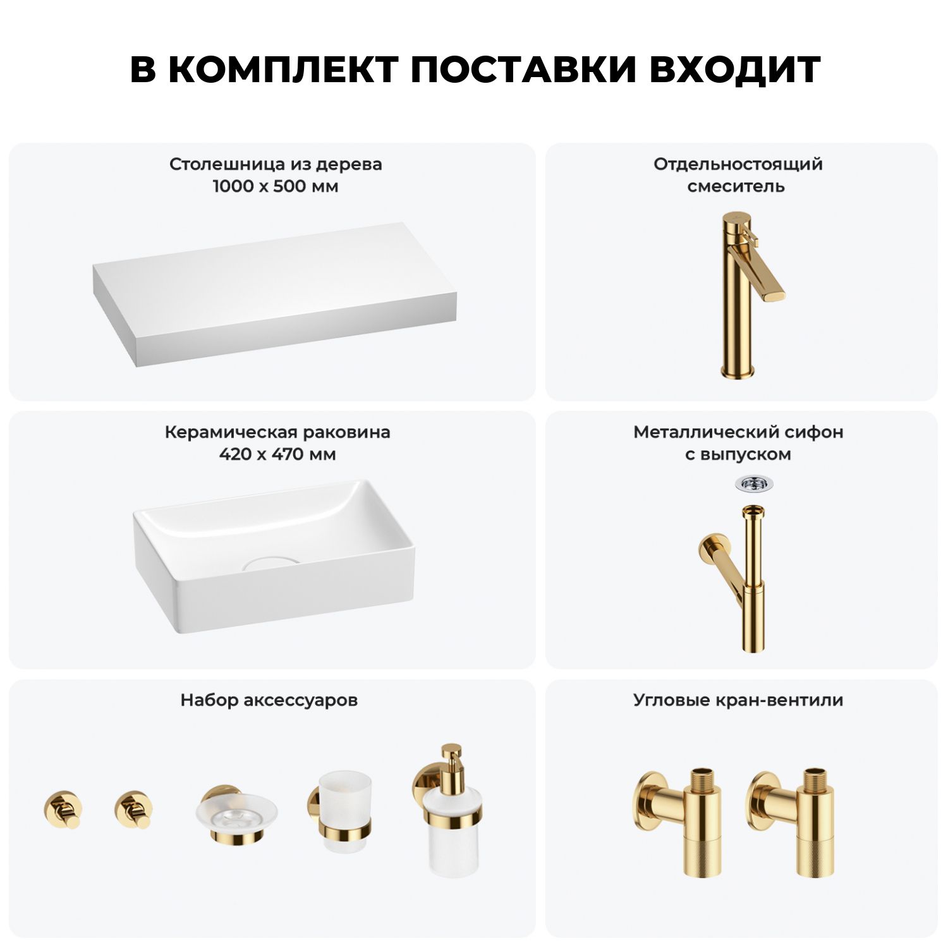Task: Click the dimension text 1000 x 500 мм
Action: pos(276,186)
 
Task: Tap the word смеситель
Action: pos(736,186)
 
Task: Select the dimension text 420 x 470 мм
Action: pos(277,454)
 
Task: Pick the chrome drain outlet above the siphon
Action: pos(753,484)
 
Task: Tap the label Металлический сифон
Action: pos(738,432)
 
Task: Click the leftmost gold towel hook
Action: pos(63,809)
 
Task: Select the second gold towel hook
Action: pos(133,809)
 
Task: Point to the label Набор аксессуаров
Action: pos(269,700)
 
